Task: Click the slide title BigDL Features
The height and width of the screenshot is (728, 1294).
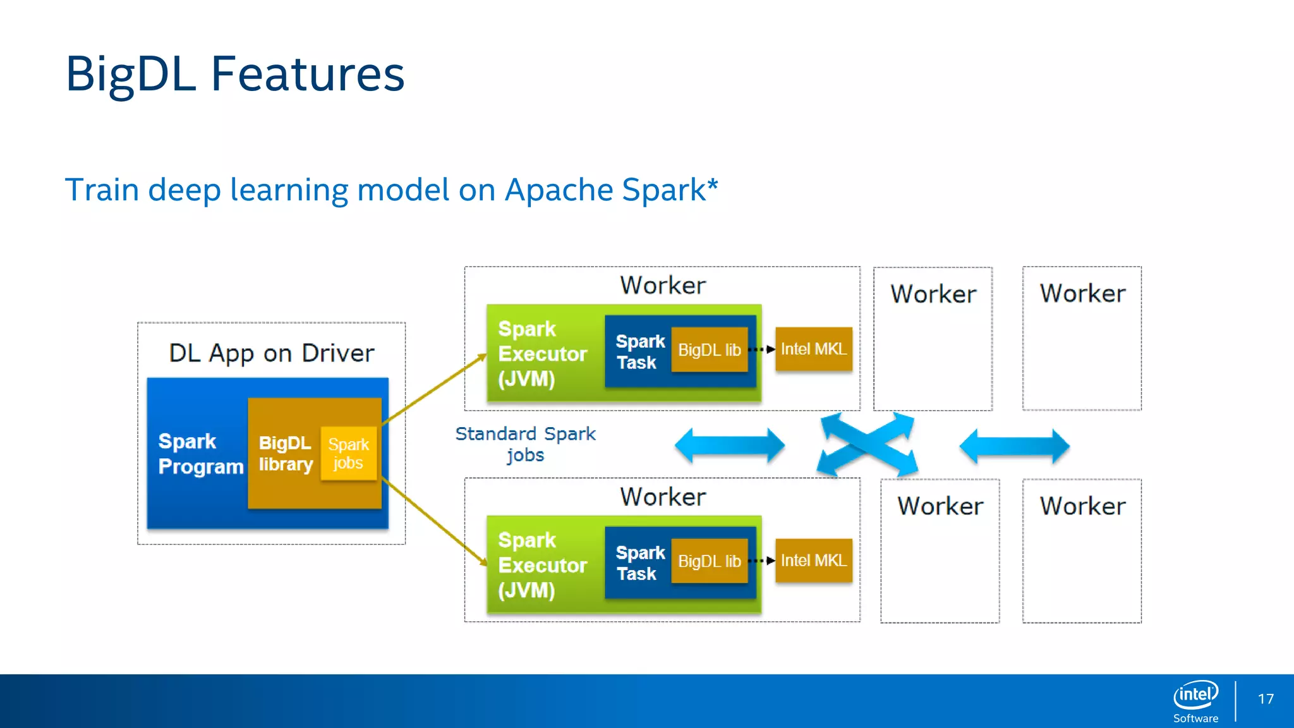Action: coord(234,74)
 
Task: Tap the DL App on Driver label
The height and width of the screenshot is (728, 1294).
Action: coord(272,353)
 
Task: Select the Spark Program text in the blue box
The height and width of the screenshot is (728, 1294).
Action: coord(199,453)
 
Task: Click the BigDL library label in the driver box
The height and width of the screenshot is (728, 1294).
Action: coord(286,453)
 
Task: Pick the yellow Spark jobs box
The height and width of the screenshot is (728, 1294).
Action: coord(349,453)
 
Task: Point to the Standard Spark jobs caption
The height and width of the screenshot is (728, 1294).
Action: coord(525,444)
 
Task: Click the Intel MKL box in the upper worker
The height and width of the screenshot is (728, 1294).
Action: coord(813,349)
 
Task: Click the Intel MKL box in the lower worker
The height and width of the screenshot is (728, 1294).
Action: coord(813,561)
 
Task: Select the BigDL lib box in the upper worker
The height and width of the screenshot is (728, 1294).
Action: coord(709,349)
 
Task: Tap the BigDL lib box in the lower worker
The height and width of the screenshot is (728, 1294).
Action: coord(709,561)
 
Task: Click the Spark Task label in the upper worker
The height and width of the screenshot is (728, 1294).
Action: coord(639,351)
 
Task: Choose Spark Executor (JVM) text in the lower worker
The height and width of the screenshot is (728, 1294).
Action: coord(542,564)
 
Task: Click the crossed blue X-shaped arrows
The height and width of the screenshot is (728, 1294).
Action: coord(867,445)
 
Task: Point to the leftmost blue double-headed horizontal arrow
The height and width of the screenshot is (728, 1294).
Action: coord(730,445)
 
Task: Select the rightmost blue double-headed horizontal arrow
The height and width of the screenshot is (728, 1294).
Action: coord(1014,446)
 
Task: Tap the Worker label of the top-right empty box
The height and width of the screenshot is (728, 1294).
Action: coord(1082,293)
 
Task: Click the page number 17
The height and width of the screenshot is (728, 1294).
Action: coord(1266,699)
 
